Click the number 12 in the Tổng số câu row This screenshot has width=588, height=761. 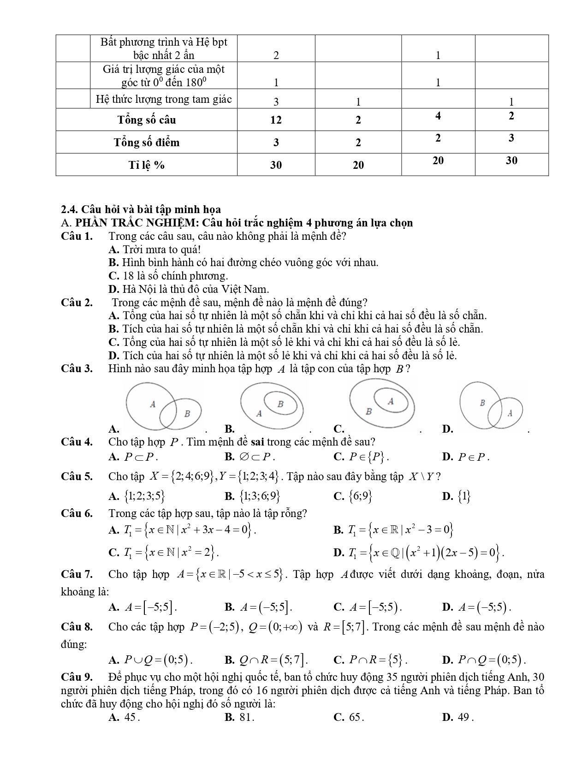tap(276, 120)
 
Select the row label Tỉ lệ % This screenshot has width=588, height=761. tap(147, 165)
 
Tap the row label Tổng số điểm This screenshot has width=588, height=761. tap(147, 142)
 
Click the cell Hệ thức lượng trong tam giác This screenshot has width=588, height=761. tap(163, 99)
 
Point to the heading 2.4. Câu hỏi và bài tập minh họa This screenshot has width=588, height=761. tap(141, 210)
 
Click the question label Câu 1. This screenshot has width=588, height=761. tap(77, 236)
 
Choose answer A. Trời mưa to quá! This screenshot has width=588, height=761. tap(154, 250)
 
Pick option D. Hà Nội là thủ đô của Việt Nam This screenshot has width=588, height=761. tap(188, 289)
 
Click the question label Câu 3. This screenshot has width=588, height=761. tap(77, 369)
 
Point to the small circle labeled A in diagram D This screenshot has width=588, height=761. tap(506, 412)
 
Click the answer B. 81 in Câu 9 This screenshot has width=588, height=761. tap(239, 717)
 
